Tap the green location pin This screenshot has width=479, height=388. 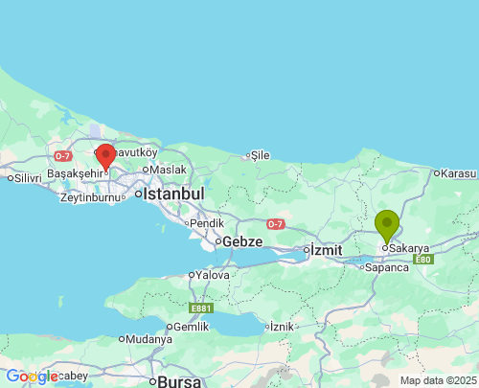tap(387, 226)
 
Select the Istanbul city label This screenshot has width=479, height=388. tap(173, 194)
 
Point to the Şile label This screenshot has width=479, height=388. tap(260, 154)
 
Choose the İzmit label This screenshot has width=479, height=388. tap(326, 250)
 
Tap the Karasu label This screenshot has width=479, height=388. tap(458, 173)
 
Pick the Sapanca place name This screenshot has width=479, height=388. tap(386, 267)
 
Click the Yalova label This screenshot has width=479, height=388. tap(212, 275)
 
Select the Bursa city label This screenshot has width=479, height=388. tap(179, 381)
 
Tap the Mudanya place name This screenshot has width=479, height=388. tap(148, 339)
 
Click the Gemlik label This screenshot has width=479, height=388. tap(190, 327)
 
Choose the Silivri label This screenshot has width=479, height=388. tap(26, 177)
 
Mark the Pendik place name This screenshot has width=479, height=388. tap(207, 223)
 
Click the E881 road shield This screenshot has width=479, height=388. tap(201, 308)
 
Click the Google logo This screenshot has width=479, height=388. tap(32, 377)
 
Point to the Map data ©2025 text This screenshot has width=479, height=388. tap(436, 380)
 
